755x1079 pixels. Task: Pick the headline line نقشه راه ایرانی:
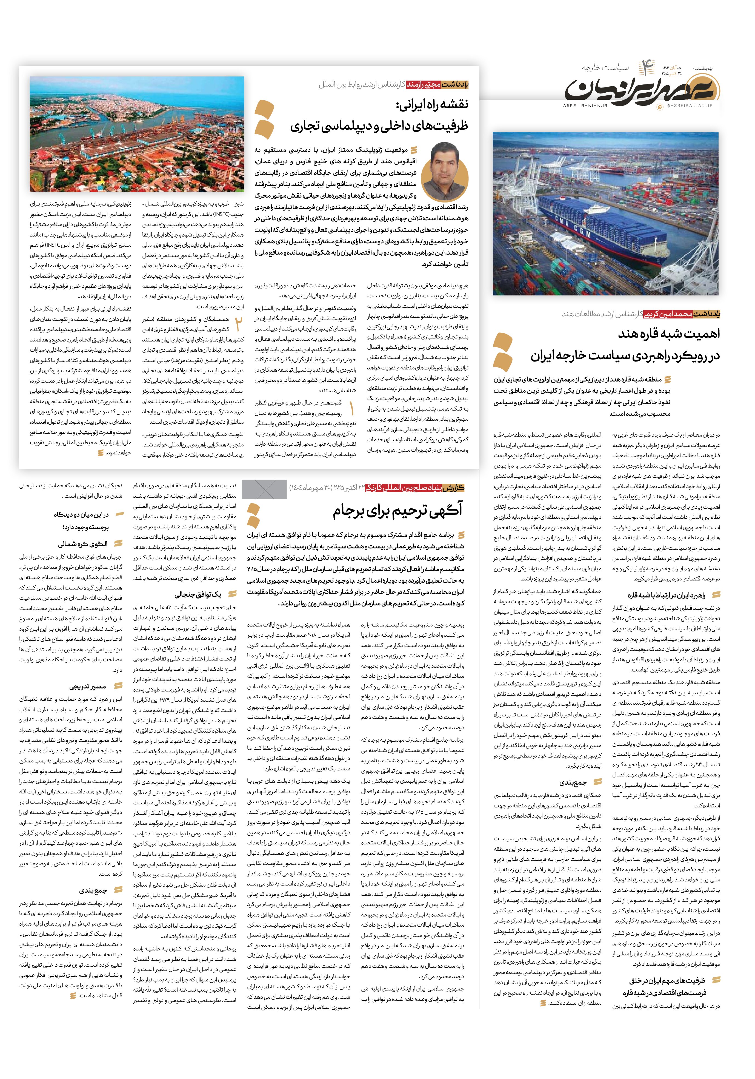coord(432,105)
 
